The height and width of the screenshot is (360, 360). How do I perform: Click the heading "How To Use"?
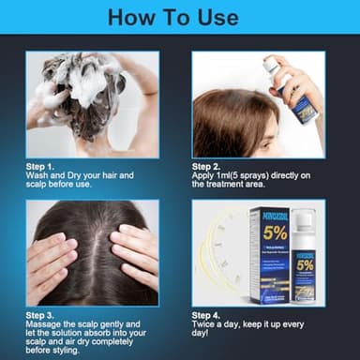pos(179,17)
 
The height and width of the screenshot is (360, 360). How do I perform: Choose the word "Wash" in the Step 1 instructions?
pos(39,174)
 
